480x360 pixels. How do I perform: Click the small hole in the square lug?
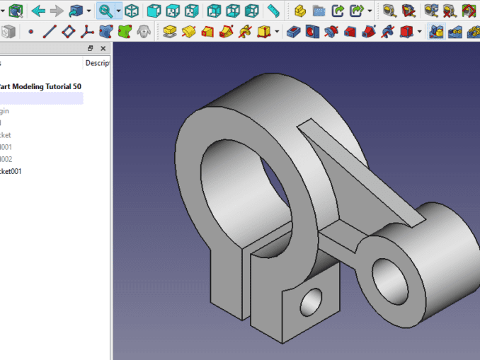[x=311, y=303]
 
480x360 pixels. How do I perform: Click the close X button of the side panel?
[x=103, y=49]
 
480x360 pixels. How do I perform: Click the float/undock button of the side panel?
[x=91, y=49]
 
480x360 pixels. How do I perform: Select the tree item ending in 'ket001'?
[x=11, y=171]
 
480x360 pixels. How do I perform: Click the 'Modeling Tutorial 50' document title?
[x=41, y=86]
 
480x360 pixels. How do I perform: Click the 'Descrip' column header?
[x=97, y=63]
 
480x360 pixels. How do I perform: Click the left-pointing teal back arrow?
[x=38, y=11]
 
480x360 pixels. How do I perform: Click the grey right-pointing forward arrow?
[x=57, y=11]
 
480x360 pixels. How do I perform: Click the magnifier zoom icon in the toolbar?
[x=105, y=11]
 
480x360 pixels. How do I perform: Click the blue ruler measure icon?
[x=274, y=11]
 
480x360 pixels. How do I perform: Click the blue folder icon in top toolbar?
[x=319, y=11]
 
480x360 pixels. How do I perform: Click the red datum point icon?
[x=30, y=32]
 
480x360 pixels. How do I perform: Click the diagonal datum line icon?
[x=49, y=32]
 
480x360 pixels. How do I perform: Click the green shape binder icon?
[x=125, y=32]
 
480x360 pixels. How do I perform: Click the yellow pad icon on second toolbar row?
[x=169, y=32]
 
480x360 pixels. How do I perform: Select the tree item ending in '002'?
[x=6, y=159]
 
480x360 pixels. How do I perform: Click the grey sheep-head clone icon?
[x=144, y=32]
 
